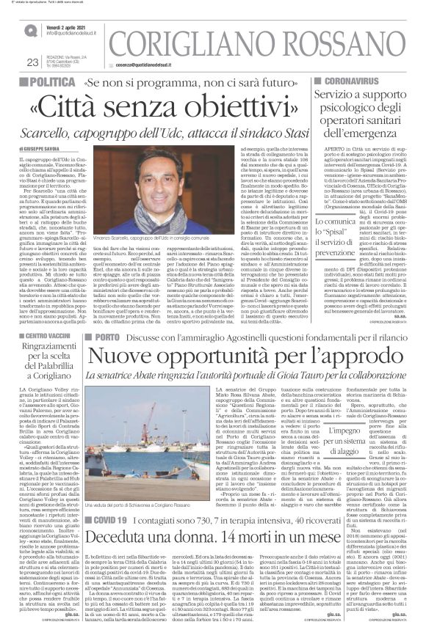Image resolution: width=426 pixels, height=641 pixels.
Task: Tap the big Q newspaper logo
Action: click(x=31, y=31)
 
